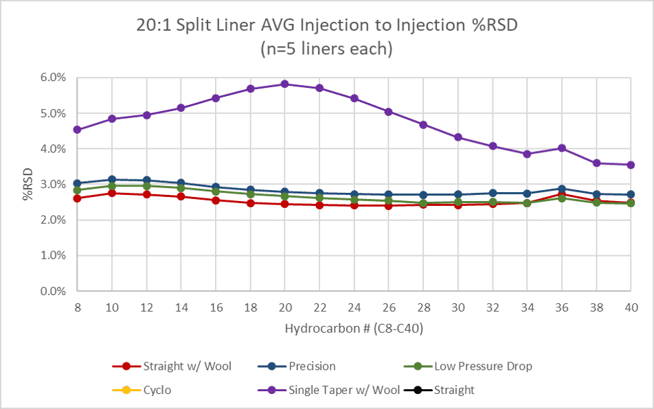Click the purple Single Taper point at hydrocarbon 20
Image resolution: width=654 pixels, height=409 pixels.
click(284, 84)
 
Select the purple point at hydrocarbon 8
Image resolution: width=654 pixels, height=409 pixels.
click(77, 130)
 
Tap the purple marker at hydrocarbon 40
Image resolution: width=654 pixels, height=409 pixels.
click(631, 165)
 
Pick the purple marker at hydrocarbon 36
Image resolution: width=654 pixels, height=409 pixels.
click(561, 148)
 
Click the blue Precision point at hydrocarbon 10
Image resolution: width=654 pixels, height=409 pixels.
click(112, 180)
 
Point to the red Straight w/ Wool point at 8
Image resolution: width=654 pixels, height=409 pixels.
click(77, 198)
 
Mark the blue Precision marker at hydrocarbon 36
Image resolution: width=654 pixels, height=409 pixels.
click(561, 189)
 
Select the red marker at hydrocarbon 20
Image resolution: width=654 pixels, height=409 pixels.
click(284, 204)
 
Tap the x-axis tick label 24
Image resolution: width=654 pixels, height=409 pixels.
click(354, 307)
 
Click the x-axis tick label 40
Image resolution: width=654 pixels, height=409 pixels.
click(631, 307)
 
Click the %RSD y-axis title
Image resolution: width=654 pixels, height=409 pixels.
click(27, 185)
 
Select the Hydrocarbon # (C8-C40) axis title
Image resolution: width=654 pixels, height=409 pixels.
click(354, 329)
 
